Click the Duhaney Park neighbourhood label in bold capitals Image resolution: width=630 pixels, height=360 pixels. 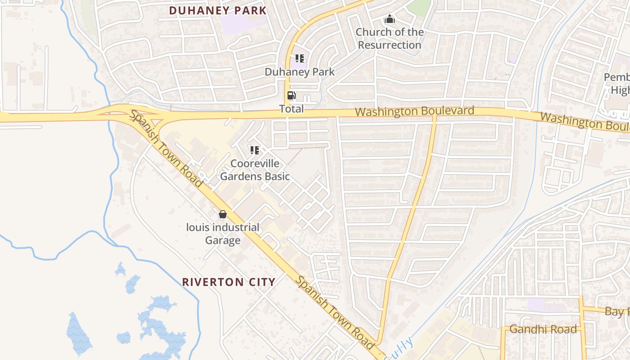coord(218,10)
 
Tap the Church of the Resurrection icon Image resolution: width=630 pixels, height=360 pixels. coord(389,19)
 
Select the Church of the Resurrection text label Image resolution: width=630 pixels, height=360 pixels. coord(390,39)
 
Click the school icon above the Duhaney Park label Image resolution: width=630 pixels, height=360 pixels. coord(300,58)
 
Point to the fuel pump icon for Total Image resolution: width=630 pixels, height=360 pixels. coord(292,95)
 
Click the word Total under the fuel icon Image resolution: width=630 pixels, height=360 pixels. coord(292,109)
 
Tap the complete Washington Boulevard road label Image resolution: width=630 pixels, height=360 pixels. coord(414,111)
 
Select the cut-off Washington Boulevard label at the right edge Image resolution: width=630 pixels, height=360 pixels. coord(585,121)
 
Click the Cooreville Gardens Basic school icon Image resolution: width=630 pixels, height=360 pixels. coord(255,150)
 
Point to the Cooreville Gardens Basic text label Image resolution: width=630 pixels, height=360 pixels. coord(255,170)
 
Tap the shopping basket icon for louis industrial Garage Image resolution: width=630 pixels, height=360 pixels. coord(222,214)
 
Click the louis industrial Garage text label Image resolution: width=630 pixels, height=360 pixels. coord(223,234)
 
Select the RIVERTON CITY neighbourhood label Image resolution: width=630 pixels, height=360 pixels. coord(229,282)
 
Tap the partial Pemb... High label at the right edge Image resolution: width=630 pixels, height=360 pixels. coord(617,84)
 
